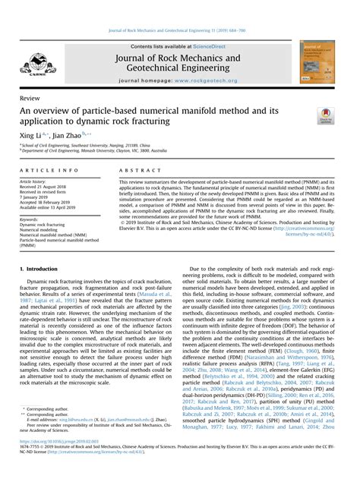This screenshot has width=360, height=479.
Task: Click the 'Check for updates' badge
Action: pyautogui.click(x=327, y=116)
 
